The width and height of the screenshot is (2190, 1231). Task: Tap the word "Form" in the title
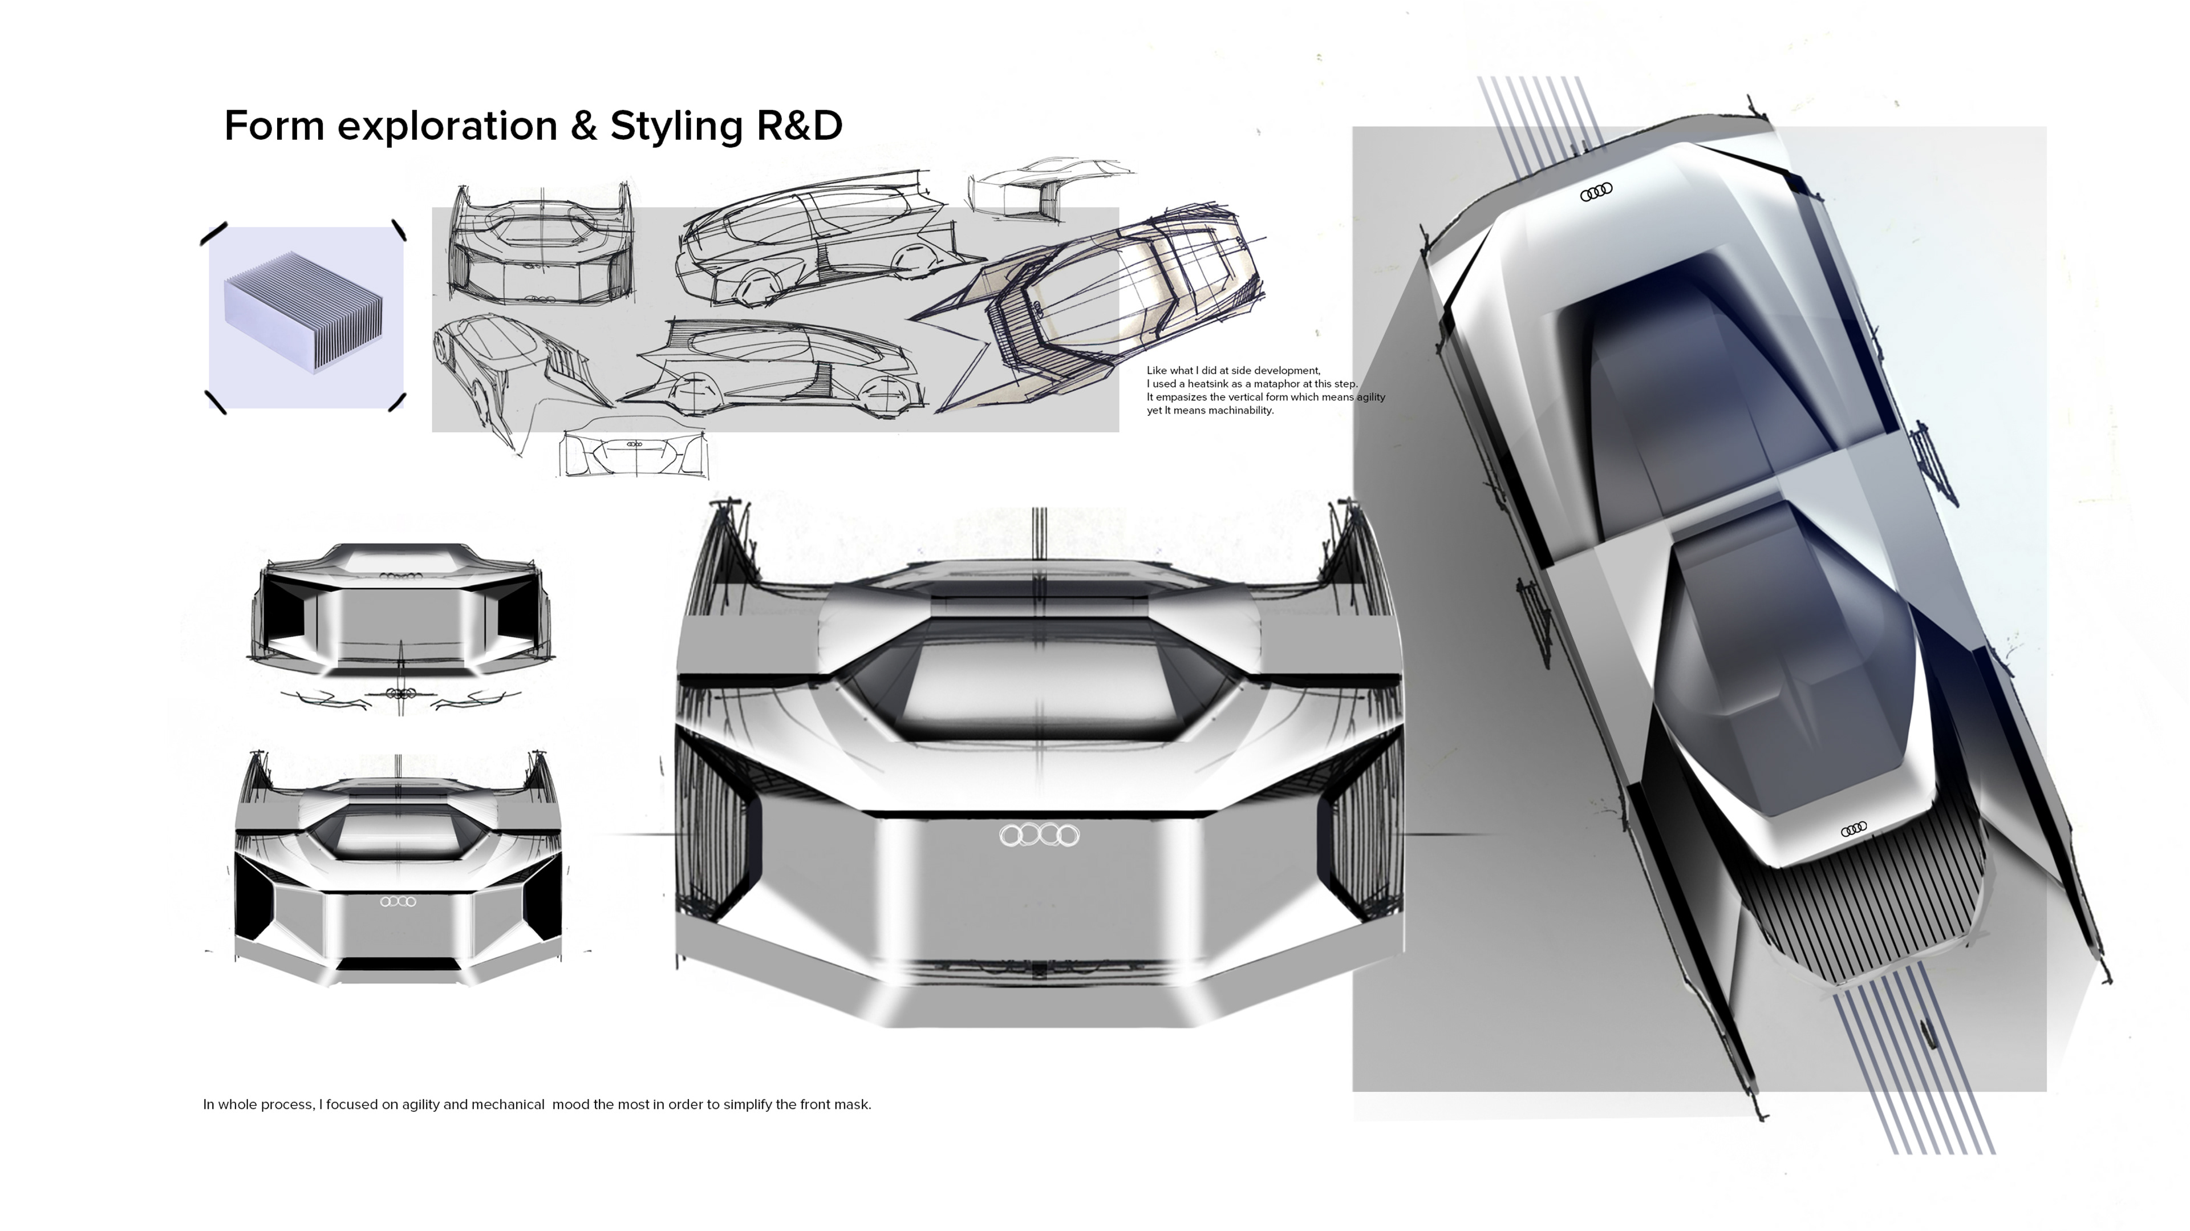click(274, 126)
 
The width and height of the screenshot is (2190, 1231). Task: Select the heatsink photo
click(306, 317)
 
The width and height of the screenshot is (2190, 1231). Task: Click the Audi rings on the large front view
click(1039, 835)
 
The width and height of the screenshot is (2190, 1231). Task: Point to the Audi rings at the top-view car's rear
click(1596, 193)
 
